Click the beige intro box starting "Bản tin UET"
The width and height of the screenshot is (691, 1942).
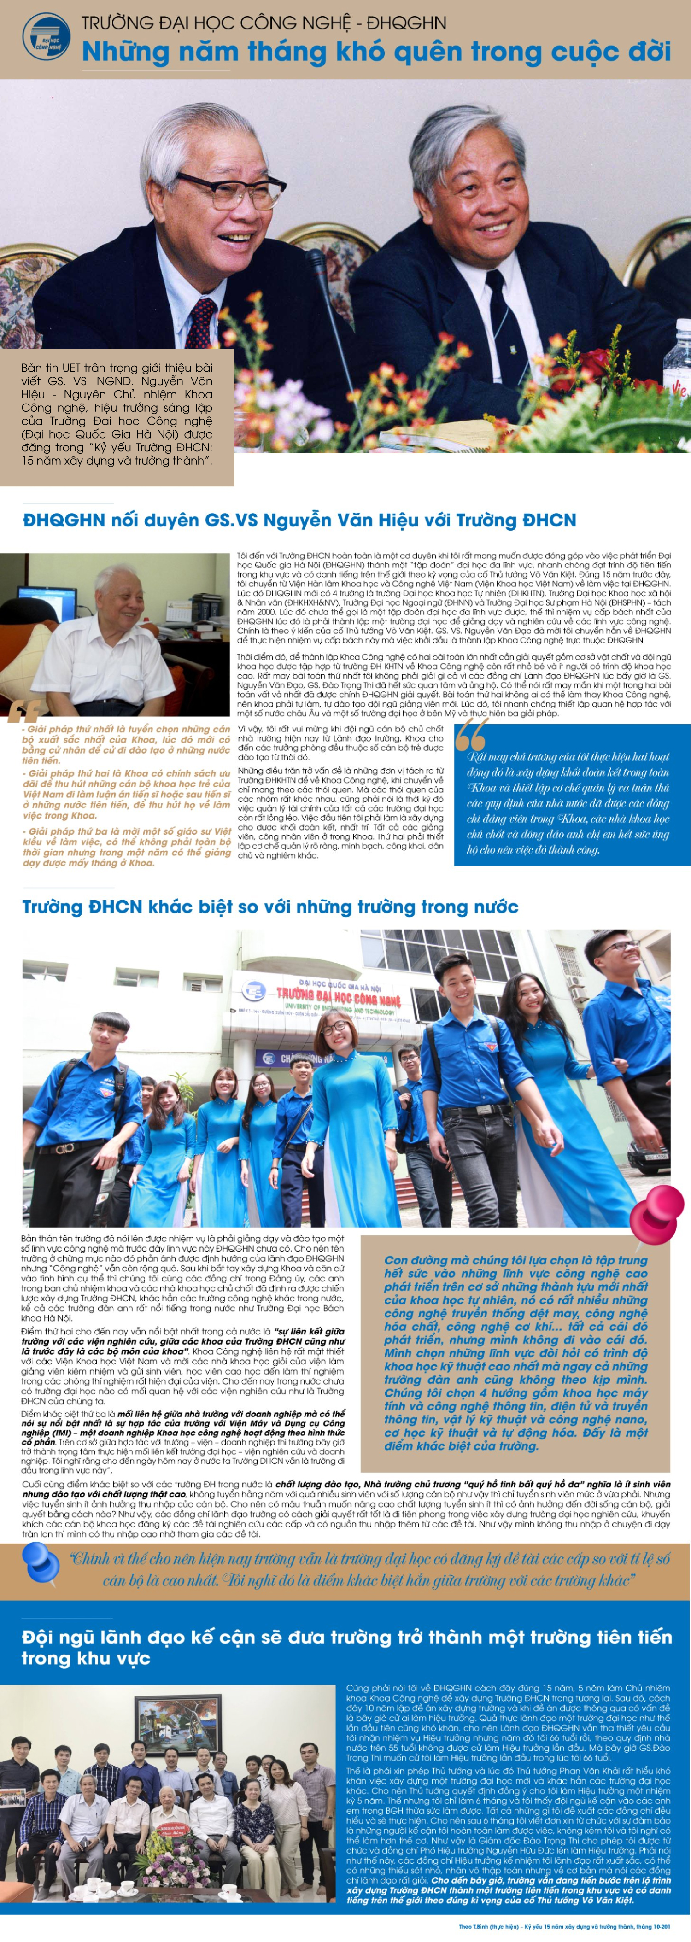117,414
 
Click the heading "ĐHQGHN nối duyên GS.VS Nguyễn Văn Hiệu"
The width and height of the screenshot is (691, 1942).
299,520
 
